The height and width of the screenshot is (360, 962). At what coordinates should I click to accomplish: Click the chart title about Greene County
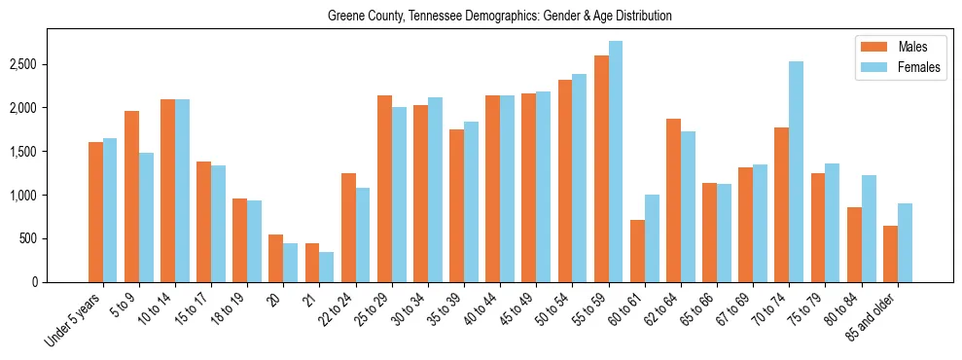click(x=499, y=17)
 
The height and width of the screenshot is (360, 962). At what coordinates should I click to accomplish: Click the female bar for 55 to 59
click(x=616, y=162)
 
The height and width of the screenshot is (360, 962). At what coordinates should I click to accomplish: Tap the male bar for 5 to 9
click(x=132, y=197)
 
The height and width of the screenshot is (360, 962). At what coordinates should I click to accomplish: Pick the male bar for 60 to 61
click(x=637, y=251)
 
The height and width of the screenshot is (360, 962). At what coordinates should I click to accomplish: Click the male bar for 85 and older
click(x=890, y=254)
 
